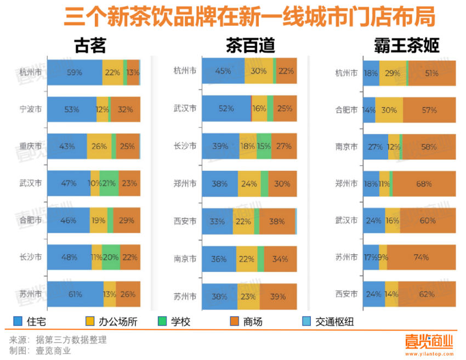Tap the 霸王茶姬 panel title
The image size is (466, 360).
[x=407, y=45]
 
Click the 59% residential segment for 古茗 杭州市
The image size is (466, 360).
[x=75, y=72]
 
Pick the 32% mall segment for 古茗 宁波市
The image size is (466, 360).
[x=126, y=109]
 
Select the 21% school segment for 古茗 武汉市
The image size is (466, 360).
[x=109, y=183]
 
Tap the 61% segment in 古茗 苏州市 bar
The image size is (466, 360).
[x=75, y=294]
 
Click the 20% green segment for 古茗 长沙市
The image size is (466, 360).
[x=111, y=257]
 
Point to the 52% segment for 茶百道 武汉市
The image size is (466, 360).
[x=226, y=108]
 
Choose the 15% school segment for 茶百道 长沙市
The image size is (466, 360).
[x=264, y=146]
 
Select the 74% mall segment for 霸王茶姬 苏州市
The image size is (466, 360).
[x=422, y=257]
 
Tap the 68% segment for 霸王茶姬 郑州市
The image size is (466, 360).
[x=424, y=184]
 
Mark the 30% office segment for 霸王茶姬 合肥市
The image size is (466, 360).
[x=389, y=110]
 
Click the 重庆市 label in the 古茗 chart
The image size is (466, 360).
[x=30, y=146]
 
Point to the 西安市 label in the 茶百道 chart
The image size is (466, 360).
[x=185, y=221]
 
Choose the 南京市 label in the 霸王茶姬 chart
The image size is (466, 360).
[x=346, y=146]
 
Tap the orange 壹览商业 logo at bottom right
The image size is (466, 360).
[x=429, y=341]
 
